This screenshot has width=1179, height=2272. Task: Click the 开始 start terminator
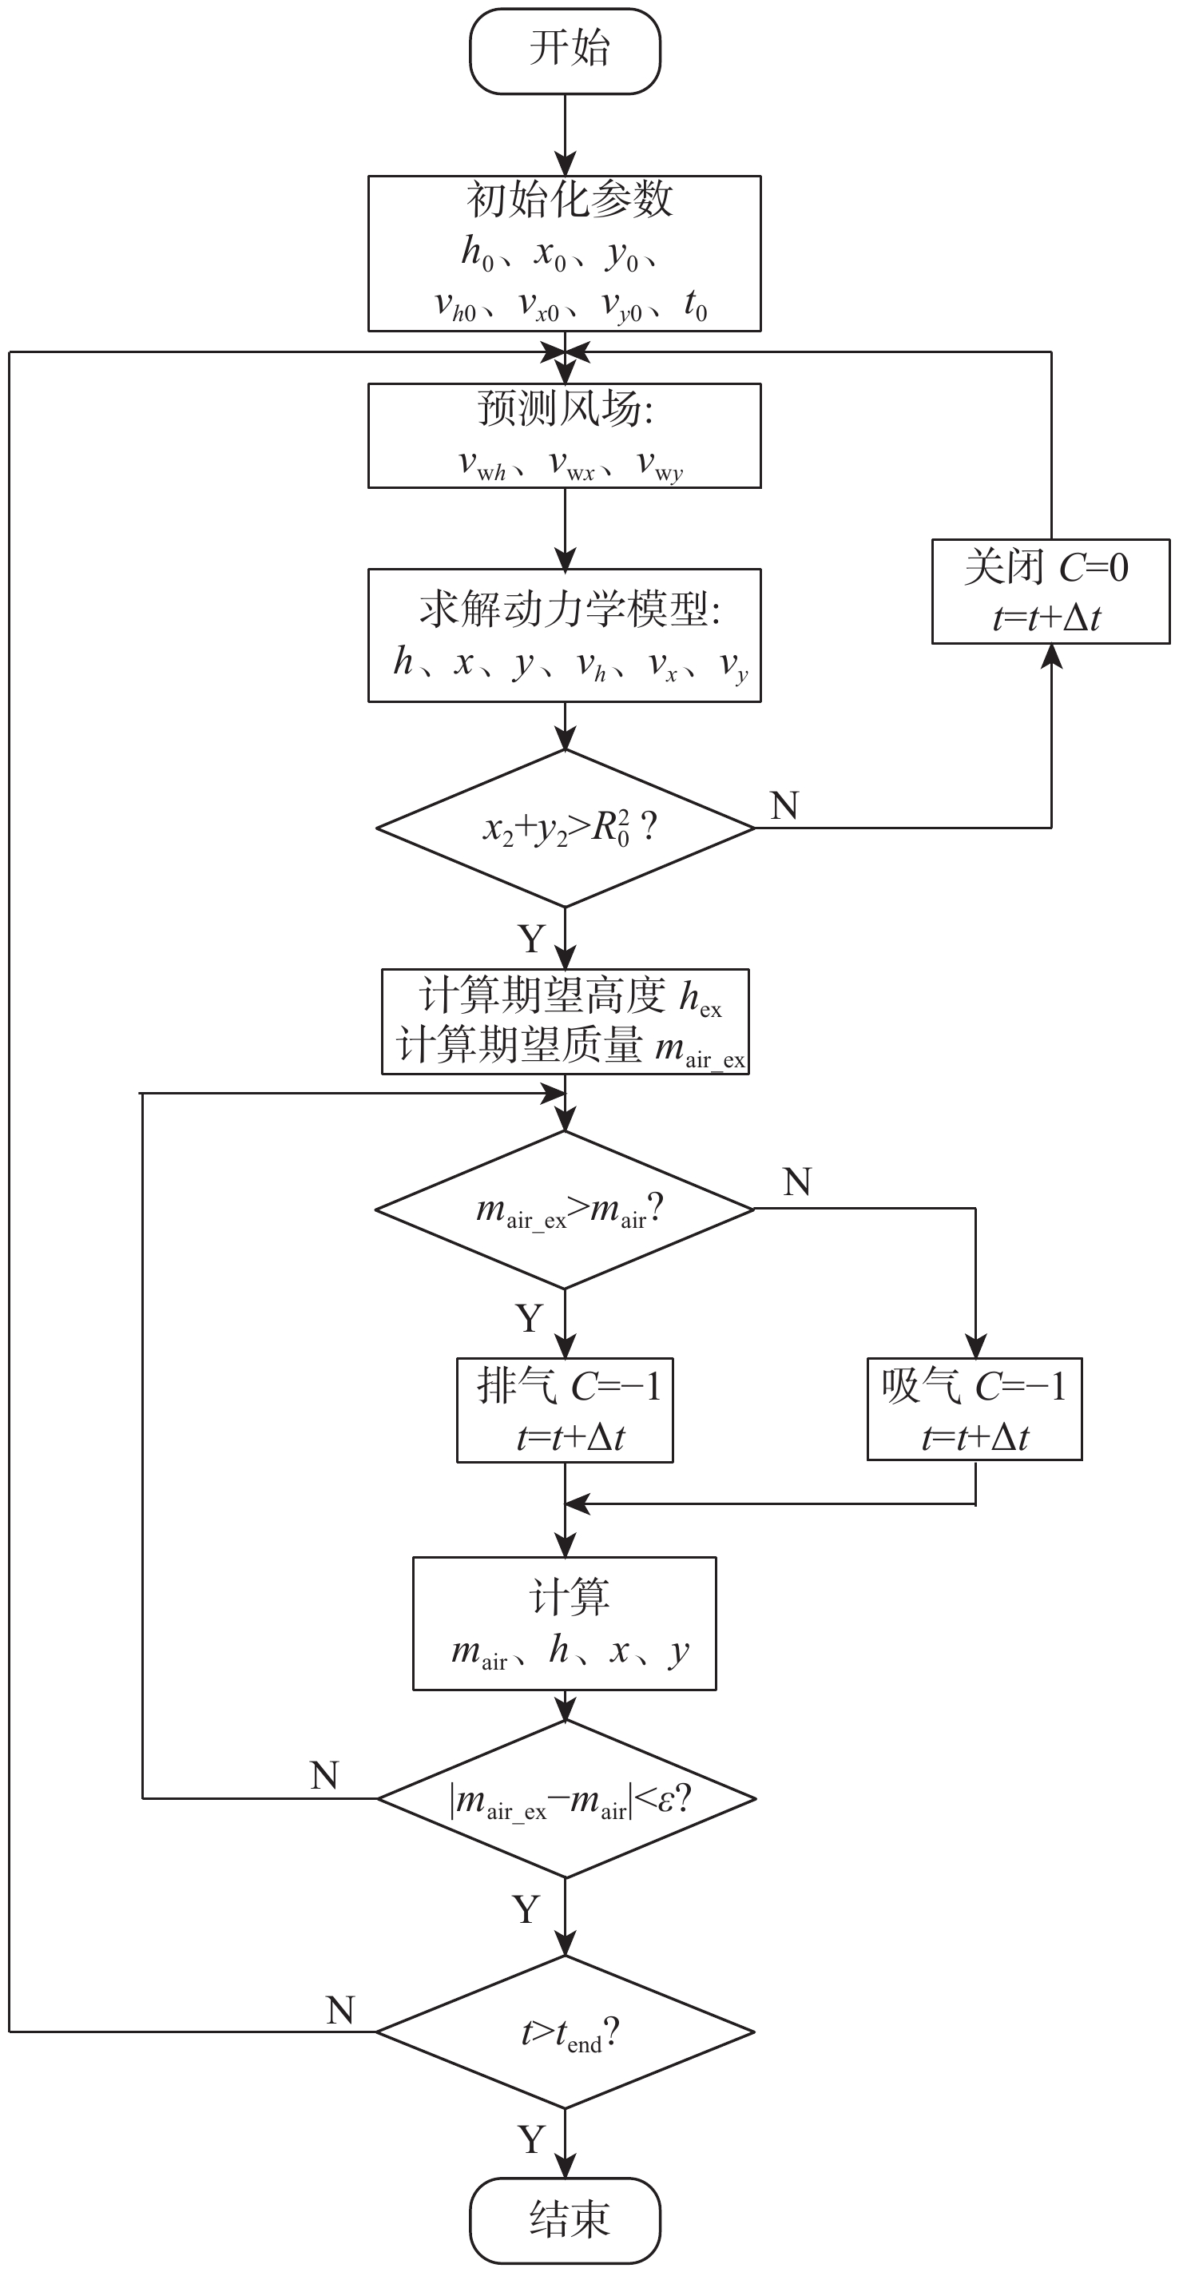click(565, 50)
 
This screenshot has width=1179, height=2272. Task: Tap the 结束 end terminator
click(565, 2219)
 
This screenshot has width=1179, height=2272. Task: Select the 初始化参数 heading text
click(569, 200)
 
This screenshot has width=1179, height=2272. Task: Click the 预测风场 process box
click(565, 435)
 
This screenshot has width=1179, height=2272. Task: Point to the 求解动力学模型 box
click(565, 635)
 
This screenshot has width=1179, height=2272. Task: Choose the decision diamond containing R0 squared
click(565, 828)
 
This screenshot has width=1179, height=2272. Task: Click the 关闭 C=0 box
click(1050, 591)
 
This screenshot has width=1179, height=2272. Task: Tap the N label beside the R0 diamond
click(784, 805)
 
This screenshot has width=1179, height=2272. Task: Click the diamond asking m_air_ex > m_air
click(565, 1209)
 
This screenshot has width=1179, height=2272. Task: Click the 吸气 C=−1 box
click(975, 1409)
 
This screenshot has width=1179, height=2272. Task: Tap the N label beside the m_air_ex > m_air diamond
click(796, 1182)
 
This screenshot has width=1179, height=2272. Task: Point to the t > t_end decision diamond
click(565, 2032)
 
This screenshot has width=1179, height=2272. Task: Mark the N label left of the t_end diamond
click(340, 2010)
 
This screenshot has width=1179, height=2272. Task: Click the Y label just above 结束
click(532, 2139)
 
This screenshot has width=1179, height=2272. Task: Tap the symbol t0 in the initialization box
click(696, 306)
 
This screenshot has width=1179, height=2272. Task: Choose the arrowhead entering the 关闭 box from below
click(1051, 656)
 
